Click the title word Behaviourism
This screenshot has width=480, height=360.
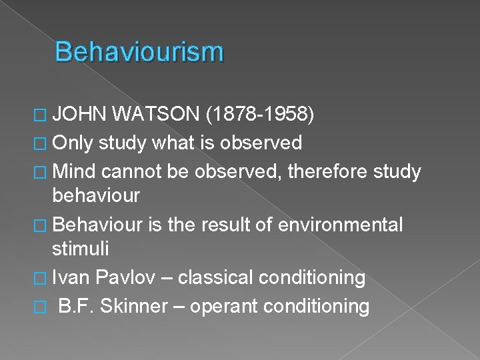(139, 52)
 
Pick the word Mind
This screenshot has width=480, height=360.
(73, 172)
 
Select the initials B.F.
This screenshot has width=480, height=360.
(79, 306)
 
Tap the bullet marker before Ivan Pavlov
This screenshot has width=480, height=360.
(41, 277)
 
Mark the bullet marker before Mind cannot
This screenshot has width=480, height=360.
(41, 173)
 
